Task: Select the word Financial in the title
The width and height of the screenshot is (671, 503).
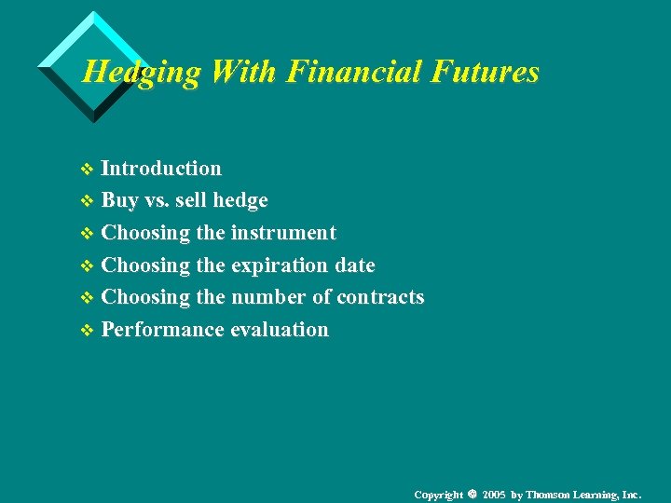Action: (x=342, y=72)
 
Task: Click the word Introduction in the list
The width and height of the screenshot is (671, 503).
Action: (x=161, y=169)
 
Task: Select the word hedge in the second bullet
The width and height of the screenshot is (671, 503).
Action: (x=240, y=200)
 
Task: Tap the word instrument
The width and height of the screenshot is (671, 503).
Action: (x=283, y=233)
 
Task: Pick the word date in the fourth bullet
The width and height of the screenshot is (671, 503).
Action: (x=355, y=265)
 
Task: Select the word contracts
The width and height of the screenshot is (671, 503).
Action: (x=380, y=297)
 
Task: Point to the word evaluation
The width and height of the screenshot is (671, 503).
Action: (x=280, y=330)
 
